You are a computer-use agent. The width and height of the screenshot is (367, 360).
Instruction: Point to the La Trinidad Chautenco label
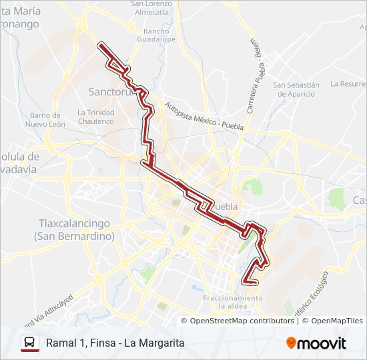(96, 117)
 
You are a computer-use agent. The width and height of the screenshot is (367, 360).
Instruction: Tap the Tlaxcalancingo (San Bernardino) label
(73, 230)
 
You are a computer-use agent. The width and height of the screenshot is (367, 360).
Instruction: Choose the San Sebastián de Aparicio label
(296, 89)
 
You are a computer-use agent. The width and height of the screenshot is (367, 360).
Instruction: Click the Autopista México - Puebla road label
(204, 117)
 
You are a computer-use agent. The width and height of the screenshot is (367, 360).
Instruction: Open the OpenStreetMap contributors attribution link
(242, 321)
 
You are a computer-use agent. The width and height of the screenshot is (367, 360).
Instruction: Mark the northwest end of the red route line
(101, 45)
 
